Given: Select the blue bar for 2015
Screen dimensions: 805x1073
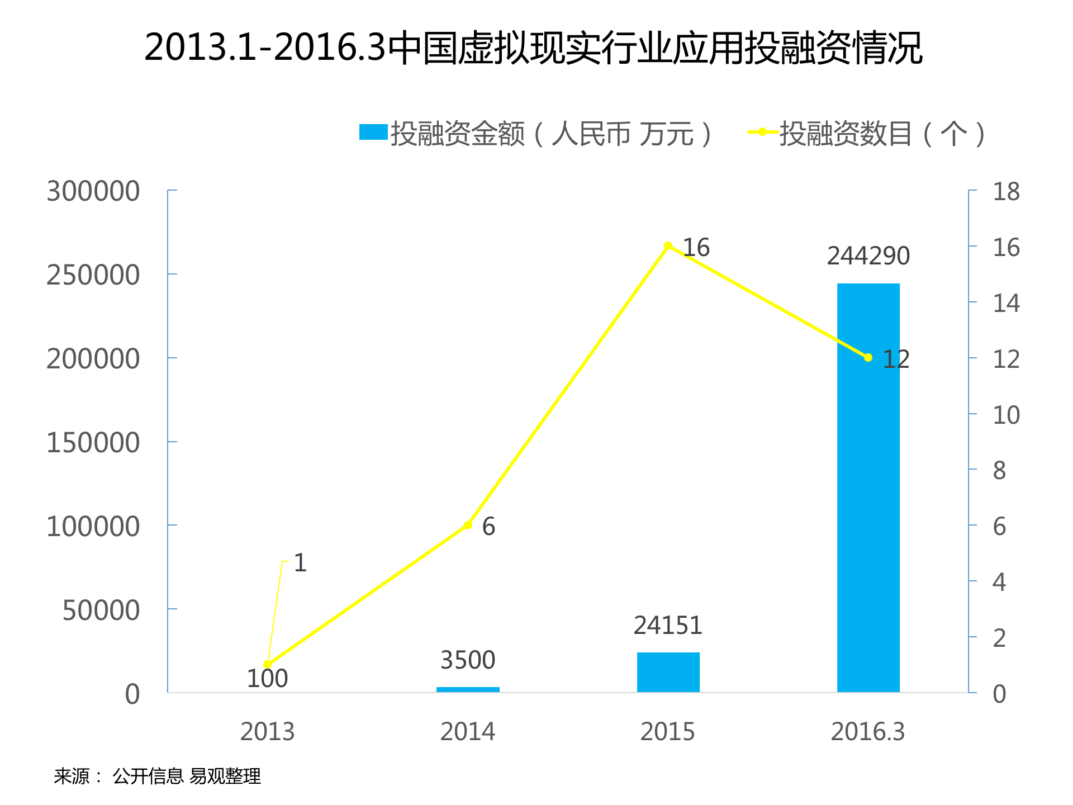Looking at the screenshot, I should coord(668,672).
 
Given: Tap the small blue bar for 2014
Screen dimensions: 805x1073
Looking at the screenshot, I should coord(468,689).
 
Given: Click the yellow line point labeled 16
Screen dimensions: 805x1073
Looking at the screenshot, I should coord(668,246).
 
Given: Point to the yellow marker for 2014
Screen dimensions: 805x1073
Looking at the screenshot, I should coord(468,525).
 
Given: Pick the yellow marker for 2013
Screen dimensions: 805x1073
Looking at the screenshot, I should coord(267,664).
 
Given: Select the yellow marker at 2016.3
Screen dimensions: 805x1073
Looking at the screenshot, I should coord(868,358).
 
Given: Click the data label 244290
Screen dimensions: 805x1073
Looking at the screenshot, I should coord(868,256).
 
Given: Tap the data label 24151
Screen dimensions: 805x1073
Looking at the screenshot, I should coord(668,625).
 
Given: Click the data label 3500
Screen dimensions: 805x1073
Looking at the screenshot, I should coord(468,660).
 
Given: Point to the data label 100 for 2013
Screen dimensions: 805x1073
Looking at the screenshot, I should coord(267,679).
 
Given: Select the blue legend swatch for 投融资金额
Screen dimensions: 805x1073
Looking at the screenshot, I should coord(373,132).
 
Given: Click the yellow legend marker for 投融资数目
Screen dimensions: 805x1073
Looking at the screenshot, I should coord(762,132).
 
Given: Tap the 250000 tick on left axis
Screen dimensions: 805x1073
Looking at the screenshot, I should coord(93,275).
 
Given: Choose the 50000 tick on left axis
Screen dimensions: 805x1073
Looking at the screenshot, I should coord(101,610).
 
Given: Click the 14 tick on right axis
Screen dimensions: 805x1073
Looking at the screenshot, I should coord(1005,303).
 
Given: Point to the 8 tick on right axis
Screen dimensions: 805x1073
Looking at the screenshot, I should coord(999,470).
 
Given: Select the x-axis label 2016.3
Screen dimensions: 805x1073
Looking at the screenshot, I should coord(867,732).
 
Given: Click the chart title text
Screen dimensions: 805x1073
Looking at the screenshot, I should coord(534,48).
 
